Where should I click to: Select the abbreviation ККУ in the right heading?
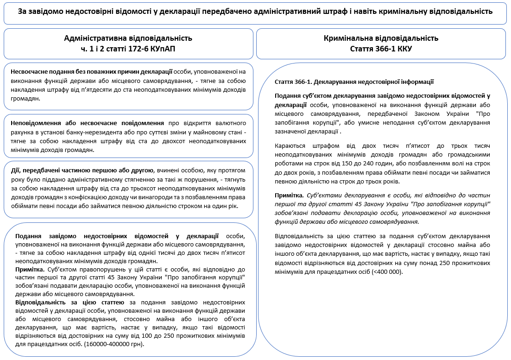coord(403,49)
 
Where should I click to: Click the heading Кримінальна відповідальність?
coord(381,38)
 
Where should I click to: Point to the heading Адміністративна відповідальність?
coord(128,38)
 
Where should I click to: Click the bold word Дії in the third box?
coord(15,170)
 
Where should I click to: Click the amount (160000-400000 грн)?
coord(113,344)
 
